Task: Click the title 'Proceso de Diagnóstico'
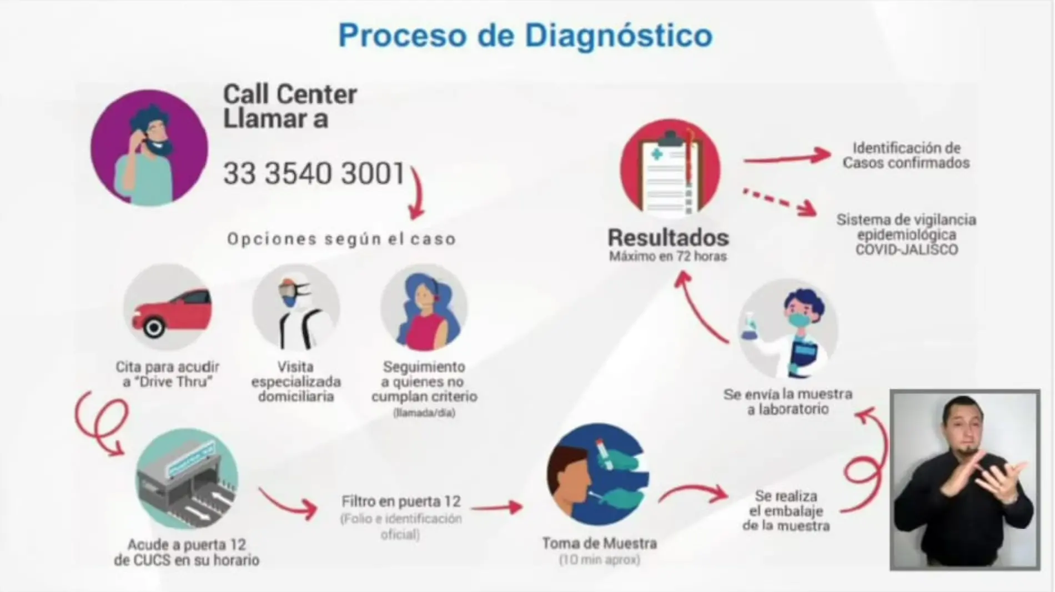[525, 36]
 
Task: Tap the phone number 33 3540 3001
[314, 174]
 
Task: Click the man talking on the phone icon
[149, 149]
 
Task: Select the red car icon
[168, 307]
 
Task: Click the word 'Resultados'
[668, 238]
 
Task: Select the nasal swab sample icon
[597, 475]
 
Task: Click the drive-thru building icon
[187, 479]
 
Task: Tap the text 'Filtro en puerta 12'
[401, 501]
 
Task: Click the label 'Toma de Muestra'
[600, 543]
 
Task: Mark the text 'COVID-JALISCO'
[906, 250]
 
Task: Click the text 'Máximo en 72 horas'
[668, 257]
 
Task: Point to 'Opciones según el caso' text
[341, 239]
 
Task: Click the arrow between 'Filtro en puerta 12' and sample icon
[496, 506]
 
